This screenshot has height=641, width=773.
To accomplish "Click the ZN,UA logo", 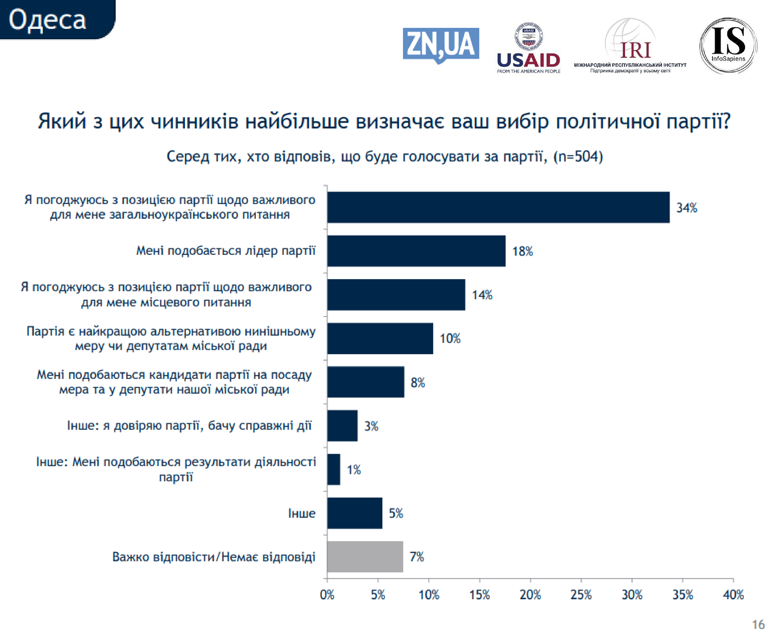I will tap(441, 45).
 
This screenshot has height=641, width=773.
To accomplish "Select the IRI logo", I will tap(630, 46).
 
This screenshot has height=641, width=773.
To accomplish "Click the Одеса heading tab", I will tap(48, 19).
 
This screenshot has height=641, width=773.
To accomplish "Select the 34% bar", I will tap(498, 207).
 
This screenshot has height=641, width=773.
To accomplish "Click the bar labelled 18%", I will tap(416, 251).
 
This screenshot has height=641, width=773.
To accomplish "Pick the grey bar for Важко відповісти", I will tap(365, 556).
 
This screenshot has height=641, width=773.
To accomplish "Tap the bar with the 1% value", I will tap(333, 469).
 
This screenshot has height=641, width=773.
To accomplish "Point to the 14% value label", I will tap(482, 295).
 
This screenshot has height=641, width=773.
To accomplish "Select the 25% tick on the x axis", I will tap(581, 595).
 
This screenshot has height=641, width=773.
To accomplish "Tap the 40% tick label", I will tap(733, 595).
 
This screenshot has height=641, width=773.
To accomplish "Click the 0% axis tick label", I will tap(327, 595).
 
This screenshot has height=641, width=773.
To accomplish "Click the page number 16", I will tap(758, 624).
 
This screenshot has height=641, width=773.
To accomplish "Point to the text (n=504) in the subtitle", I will tap(578, 157).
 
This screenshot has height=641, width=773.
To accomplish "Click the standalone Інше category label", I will tap(301, 513).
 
